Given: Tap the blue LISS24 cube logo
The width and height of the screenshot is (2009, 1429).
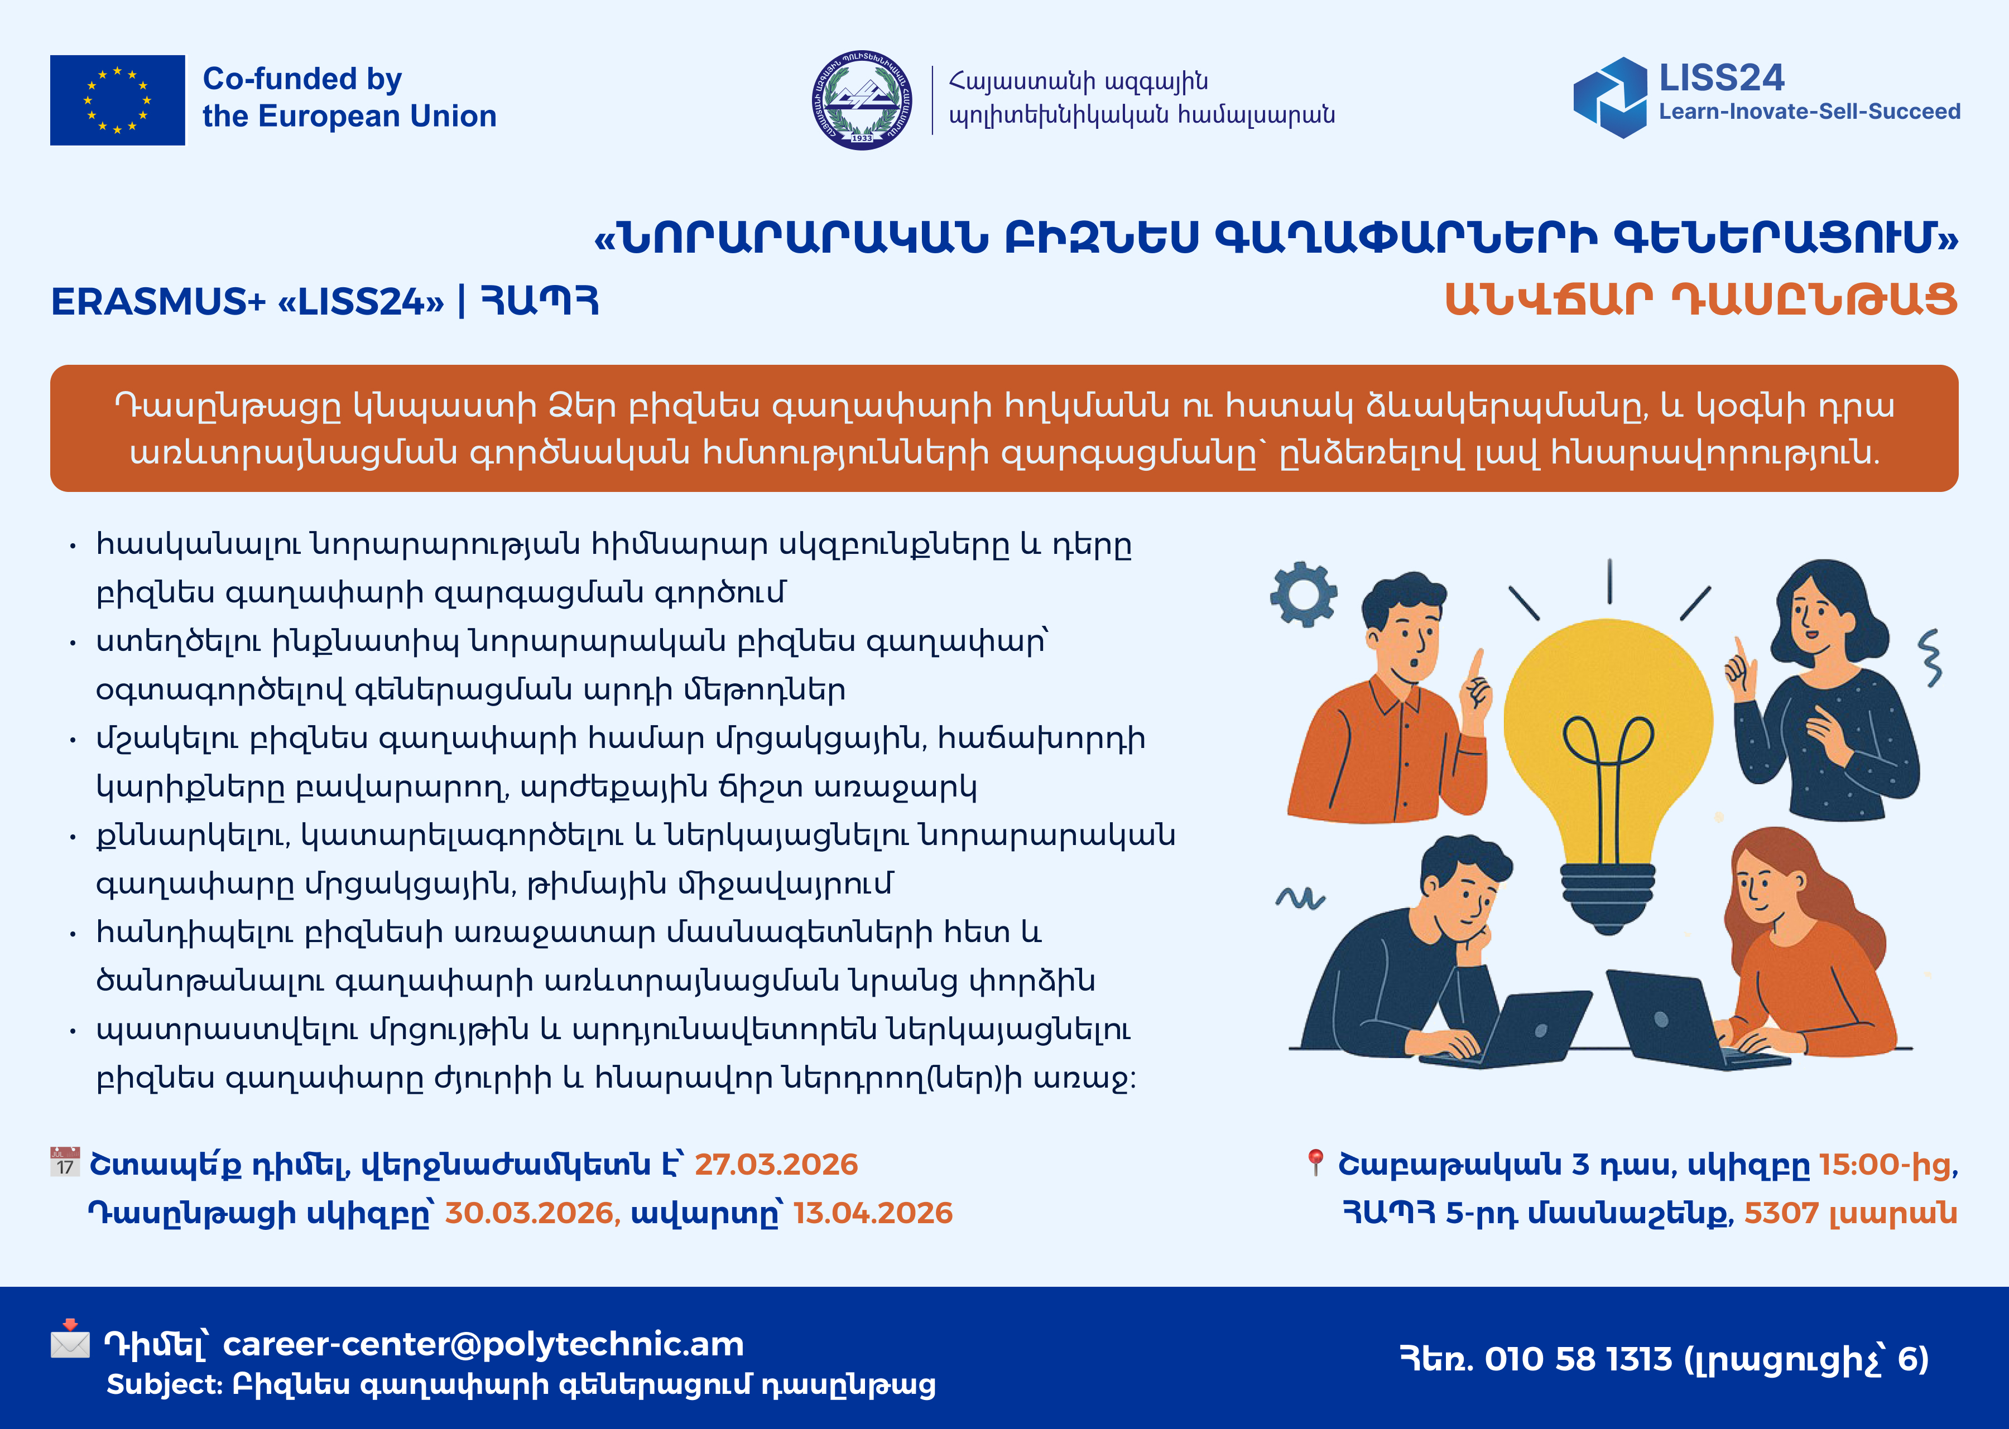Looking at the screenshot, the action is (x=1610, y=98).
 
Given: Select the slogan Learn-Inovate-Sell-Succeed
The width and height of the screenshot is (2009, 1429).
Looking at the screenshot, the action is (x=1809, y=112).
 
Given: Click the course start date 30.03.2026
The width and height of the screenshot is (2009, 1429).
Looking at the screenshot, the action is (x=528, y=1213).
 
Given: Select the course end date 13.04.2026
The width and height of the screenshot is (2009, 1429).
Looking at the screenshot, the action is (x=872, y=1213).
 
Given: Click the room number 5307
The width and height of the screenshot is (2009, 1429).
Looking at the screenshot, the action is (x=1781, y=1213).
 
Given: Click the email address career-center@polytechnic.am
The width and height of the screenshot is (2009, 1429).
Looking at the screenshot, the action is (x=483, y=1344).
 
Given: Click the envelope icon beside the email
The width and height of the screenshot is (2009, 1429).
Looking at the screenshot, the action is (x=70, y=1339).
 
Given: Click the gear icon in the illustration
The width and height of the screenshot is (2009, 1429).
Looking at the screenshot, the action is (x=1304, y=594).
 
